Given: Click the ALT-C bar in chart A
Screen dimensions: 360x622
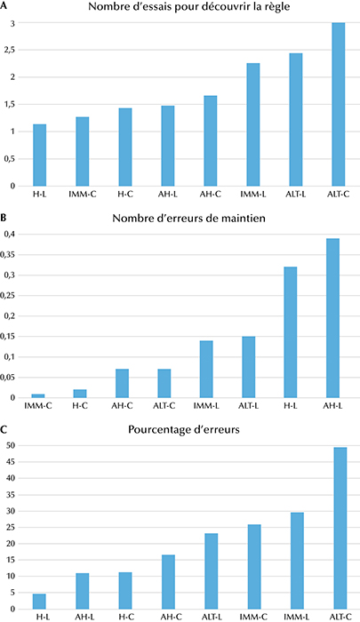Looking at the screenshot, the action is click(x=338, y=104).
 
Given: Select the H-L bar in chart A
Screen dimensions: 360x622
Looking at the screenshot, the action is click(x=40, y=155).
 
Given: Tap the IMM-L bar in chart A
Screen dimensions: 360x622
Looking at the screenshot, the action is click(x=253, y=124).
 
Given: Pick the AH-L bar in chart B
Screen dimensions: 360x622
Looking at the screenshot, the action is click(x=332, y=318).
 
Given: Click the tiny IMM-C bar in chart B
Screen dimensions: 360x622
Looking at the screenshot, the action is click(x=38, y=396).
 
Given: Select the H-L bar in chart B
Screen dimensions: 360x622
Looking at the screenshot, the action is click(x=290, y=332).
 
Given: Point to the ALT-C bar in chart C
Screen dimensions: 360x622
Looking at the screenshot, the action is click(x=340, y=529).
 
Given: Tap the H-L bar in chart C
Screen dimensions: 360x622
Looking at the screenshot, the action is click(x=39, y=602).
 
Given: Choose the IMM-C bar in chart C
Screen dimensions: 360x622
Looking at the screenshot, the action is click(x=254, y=567).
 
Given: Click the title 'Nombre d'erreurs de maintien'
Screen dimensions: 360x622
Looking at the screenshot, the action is click(x=189, y=219).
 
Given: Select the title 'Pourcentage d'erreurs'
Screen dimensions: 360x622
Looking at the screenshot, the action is click(x=184, y=429).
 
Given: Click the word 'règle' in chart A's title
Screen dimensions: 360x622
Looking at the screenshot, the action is click(x=276, y=7).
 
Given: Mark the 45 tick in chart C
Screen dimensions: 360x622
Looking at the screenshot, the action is click(x=11, y=462).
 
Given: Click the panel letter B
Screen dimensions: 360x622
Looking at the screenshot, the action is click(x=4, y=218).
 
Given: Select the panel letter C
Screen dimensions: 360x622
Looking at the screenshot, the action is click(x=4, y=429).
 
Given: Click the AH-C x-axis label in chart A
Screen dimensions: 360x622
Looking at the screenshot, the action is click(x=211, y=195).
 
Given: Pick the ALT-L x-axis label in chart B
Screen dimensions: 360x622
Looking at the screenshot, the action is click(x=249, y=406).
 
